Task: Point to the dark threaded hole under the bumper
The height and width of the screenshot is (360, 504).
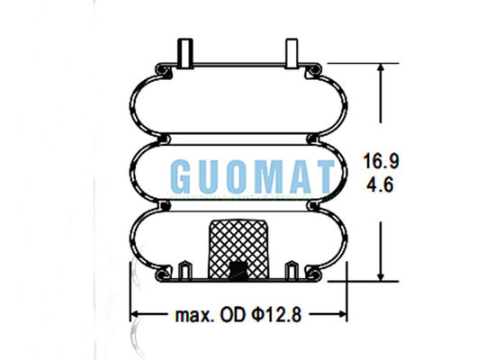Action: point(238,269)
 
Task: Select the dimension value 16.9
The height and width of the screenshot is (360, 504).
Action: point(379,164)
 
